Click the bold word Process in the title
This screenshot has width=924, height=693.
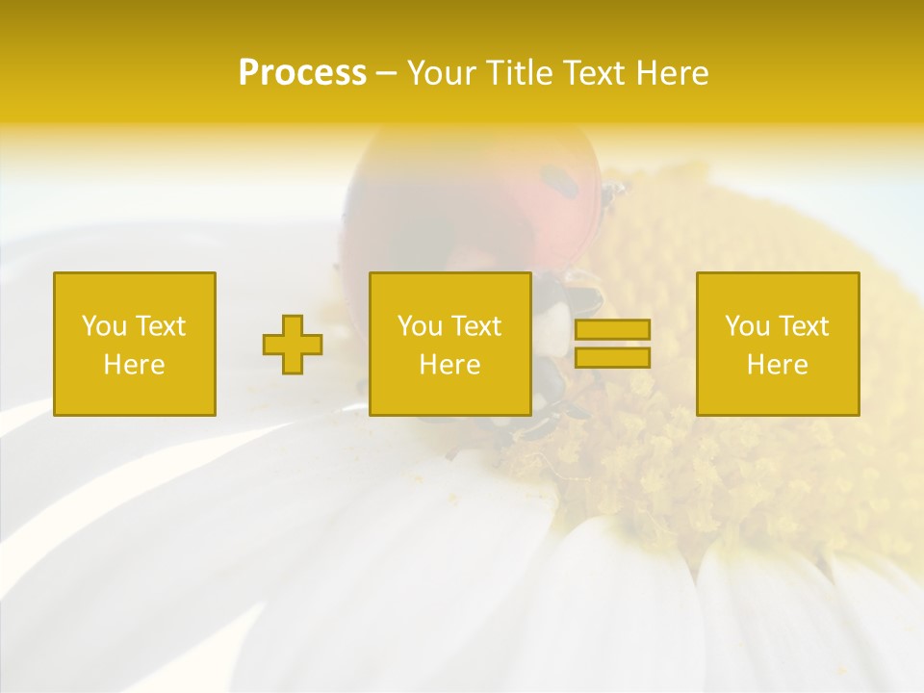tap(302, 73)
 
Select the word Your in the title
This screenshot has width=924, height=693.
tap(438, 73)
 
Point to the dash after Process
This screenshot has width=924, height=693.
tap(387, 74)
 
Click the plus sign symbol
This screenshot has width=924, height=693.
tap(293, 345)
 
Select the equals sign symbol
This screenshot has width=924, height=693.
tap(612, 344)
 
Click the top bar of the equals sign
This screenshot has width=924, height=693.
tap(612, 329)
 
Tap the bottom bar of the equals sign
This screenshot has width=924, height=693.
tap(612, 358)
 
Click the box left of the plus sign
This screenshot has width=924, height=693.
tap(135, 344)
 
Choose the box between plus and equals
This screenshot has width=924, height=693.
tap(449, 344)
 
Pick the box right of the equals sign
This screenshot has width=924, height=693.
tap(778, 344)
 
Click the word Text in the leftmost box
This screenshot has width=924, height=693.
tap(160, 326)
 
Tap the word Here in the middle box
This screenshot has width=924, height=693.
tap(449, 365)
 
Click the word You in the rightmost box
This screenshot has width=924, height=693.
tap(747, 326)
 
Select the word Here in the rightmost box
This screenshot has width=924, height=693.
tap(778, 365)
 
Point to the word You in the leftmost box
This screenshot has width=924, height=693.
tap(104, 326)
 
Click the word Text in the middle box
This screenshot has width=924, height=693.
tap(475, 326)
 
